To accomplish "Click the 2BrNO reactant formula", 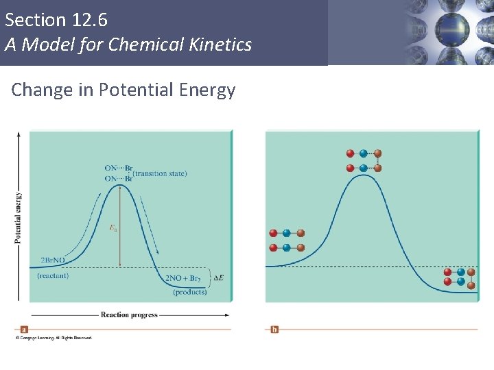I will (53, 261).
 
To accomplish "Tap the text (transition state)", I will (159, 174).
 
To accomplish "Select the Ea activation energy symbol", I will (113, 228).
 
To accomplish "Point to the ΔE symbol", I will (219, 277).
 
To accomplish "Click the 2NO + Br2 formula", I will (183, 278).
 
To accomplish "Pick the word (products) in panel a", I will (189, 292).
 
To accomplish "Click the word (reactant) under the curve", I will (53, 275).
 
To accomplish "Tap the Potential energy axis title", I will (18, 218).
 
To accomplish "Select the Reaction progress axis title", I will (129, 315).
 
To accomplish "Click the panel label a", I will (25, 329).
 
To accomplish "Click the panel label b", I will (274, 329).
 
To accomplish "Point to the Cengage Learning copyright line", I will (54, 338).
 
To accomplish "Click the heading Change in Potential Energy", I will (123, 90).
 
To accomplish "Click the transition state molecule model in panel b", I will (364, 160).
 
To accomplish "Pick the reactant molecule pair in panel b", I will (287, 240).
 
